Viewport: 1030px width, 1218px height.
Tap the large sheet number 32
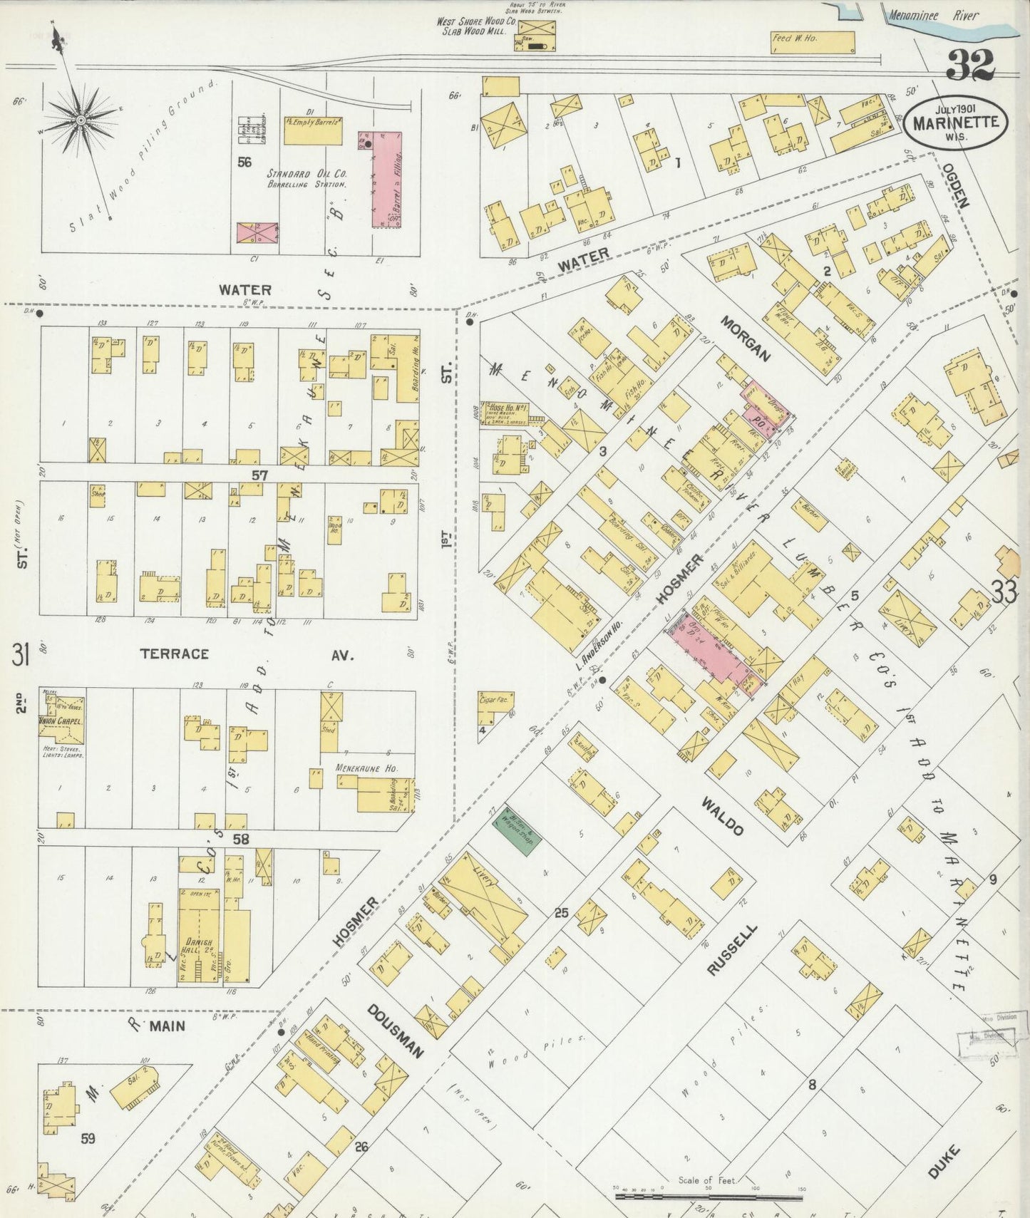pos(970,66)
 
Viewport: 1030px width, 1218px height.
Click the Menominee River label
pos(934,15)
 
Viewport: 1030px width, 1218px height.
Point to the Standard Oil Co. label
pos(307,173)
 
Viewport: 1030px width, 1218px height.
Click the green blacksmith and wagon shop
pos(517,830)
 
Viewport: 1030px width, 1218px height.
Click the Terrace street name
pos(174,654)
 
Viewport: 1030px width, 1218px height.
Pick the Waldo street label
pos(722,817)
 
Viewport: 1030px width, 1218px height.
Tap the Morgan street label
pos(746,339)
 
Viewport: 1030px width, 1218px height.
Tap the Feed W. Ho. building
pos(813,42)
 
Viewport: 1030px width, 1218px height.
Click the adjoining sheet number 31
pos(20,654)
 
